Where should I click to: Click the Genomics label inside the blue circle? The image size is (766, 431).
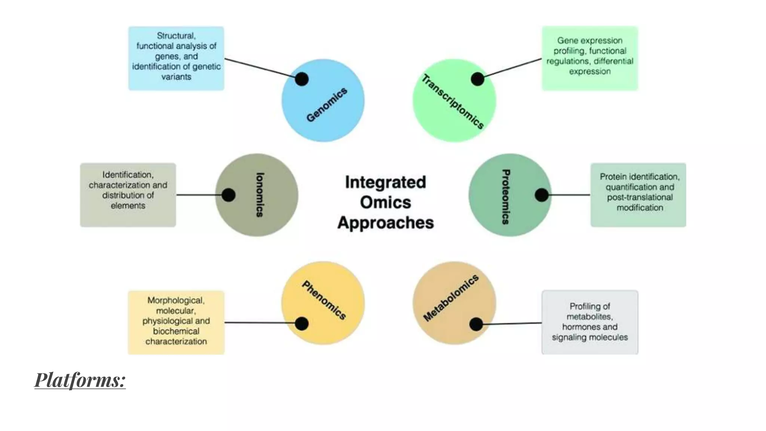[x=327, y=105]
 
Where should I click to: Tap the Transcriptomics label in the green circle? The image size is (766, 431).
[x=453, y=102]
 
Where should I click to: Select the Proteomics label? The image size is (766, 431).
[x=506, y=197]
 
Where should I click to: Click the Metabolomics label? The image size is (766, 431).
[x=451, y=298]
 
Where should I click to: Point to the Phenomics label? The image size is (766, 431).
[x=324, y=300]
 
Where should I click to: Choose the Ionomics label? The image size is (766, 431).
[x=260, y=195]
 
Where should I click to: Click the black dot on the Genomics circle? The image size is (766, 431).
[x=301, y=79]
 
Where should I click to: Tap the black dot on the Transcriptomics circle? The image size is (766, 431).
[x=477, y=79]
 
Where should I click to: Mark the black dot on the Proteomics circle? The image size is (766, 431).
[x=542, y=195]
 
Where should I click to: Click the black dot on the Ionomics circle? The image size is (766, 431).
[x=228, y=195]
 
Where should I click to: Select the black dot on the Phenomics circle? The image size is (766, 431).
[x=301, y=324]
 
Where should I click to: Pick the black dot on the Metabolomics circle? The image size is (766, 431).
[x=476, y=324]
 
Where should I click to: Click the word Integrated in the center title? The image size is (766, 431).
[x=385, y=182]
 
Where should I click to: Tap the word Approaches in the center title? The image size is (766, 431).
[x=385, y=223]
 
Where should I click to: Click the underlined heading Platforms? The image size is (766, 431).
[x=80, y=380]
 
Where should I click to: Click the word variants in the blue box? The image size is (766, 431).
[x=176, y=77]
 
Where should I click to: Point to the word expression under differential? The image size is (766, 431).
[x=589, y=71]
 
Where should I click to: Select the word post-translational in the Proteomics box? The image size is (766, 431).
[x=640, y=197]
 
